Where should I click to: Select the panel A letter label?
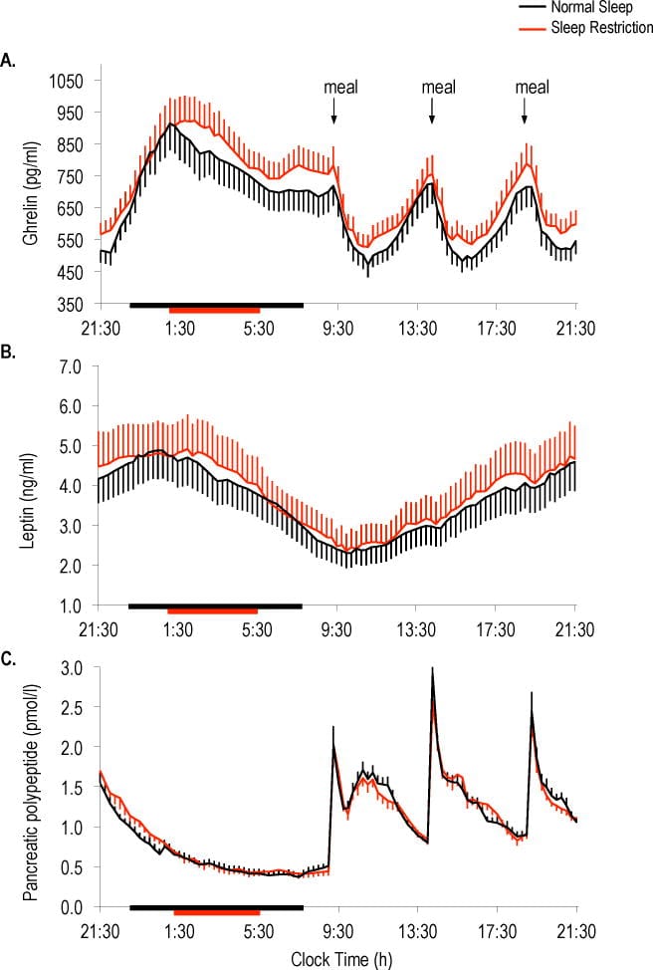pyautogui.click(x=8, y=62)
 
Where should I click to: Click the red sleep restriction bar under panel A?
pyautogui.click(x=214, y=309)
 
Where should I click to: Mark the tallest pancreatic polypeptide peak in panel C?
pyautogui.click(x=432, y=669)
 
